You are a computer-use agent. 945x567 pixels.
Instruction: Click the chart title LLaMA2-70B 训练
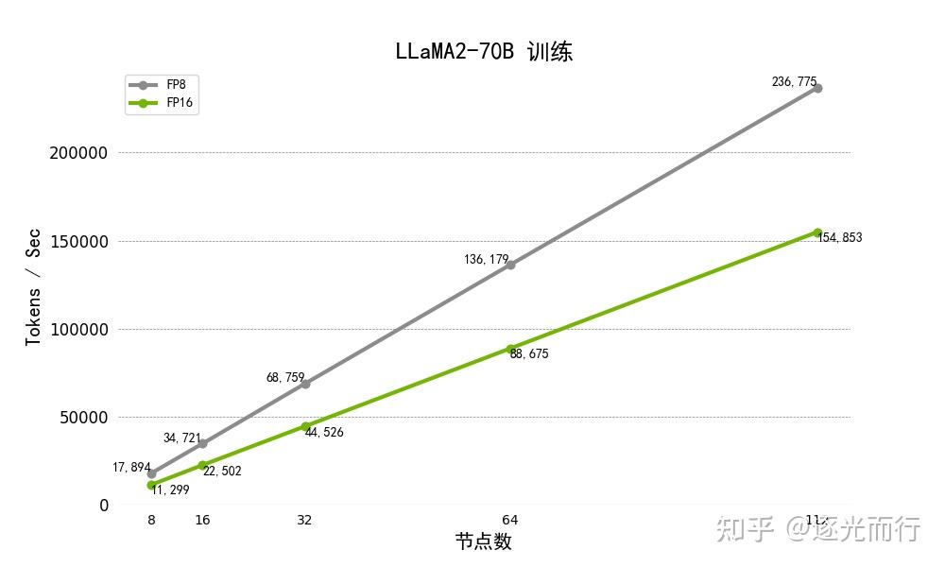coord(484,51)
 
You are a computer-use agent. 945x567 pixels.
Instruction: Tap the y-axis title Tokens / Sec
coord(34,285)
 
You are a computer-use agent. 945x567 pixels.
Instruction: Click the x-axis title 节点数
coord(483,541)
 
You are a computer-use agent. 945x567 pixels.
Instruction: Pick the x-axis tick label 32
coord(304,520)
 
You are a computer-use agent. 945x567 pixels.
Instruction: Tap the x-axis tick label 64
coord(510,520)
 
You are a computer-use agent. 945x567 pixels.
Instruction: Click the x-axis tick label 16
coord(202,520)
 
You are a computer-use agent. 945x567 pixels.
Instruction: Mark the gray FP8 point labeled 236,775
coord(817,88)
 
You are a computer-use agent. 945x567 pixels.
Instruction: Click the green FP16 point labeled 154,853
coord(817,232)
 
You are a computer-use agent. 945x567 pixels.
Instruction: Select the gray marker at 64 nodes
coord(510,265)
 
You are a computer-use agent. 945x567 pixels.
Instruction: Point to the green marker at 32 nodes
coord(305,426)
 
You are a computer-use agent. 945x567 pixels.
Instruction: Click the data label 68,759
coord(285,377)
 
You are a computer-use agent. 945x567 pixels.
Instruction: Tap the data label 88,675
coord(529,354)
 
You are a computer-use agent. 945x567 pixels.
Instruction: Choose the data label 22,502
coord(222,472)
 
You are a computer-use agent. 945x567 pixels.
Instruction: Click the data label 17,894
coord(131,468)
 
